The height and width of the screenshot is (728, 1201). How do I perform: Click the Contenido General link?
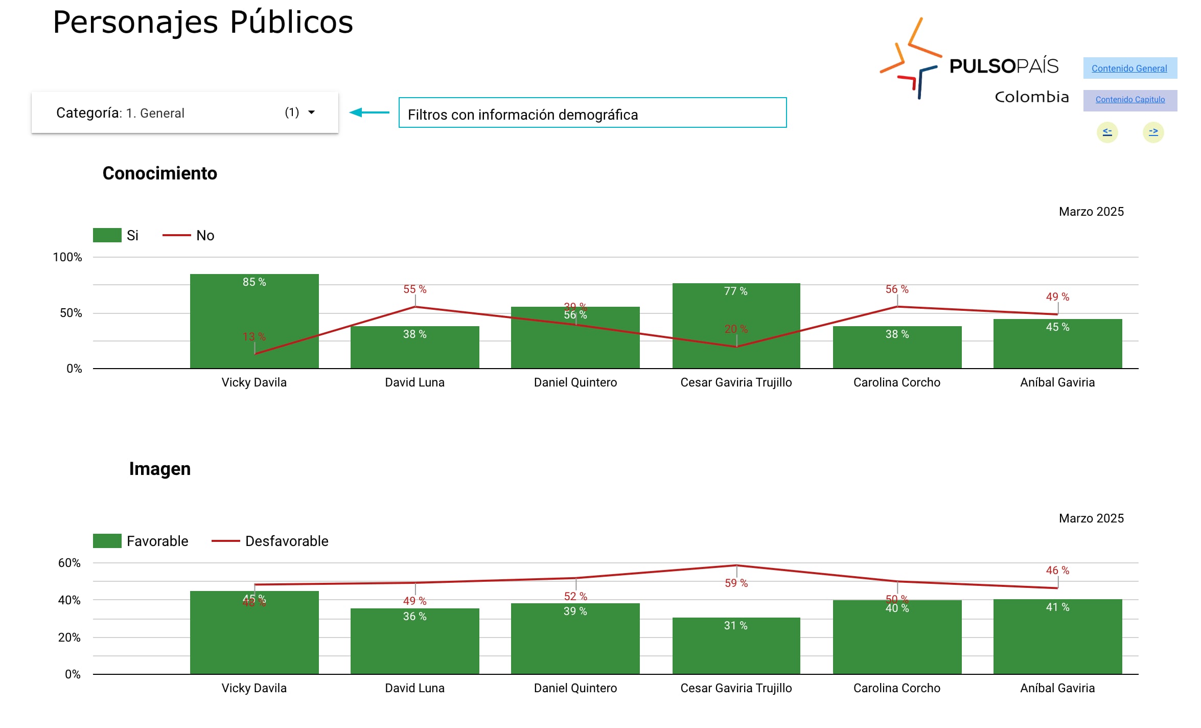1129,69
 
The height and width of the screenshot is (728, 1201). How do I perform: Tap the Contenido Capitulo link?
1130,100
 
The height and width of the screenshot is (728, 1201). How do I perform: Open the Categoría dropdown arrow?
311,112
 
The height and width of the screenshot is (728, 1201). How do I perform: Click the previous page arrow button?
1107,132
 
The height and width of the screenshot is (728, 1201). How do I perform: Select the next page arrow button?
1153,132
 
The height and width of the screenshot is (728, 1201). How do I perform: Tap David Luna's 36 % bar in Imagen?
414,642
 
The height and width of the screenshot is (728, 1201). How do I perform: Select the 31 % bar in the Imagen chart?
736,647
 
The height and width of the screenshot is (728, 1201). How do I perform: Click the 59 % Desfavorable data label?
736,583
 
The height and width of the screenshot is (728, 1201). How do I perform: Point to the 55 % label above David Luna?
414,289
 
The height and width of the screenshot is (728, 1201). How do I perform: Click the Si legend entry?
116,235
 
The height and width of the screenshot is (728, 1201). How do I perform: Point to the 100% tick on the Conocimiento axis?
67,257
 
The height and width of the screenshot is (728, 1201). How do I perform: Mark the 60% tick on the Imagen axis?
70,563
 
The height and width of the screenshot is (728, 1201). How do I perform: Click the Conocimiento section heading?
159,173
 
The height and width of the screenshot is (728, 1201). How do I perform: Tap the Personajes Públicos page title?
203,22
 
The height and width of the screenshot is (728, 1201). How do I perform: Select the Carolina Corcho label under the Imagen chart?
896,688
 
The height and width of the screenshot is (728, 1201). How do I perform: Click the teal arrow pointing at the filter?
369,112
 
